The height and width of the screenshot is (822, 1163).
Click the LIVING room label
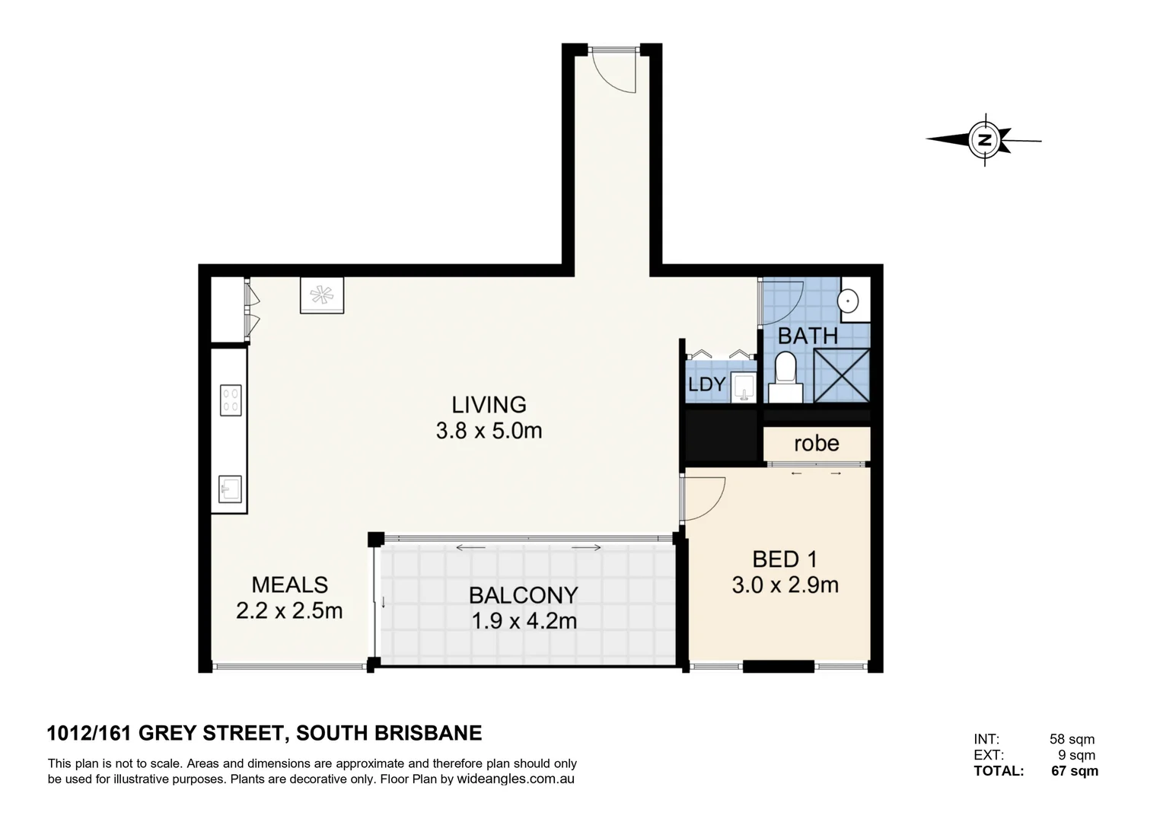(x=489, y=404)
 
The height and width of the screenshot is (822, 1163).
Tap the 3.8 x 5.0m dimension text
(x=489, y=431)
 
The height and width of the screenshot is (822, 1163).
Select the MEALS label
(x=290, y=585)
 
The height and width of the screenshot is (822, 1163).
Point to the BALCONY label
(x=524, y=595)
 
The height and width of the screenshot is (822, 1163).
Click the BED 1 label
(x=785, y=559)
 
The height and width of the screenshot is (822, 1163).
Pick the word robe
(x=817, y=444)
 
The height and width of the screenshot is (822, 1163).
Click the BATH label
(x=808, y=336)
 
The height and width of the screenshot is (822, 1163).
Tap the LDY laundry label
(x=706, y=384)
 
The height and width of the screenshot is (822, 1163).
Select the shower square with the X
(x=842, y=375)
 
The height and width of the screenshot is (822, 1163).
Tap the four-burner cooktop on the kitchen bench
(x=231, y=400)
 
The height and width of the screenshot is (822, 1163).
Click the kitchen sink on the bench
(x=230, y=489)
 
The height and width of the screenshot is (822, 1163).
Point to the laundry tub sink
(x=744, y=387)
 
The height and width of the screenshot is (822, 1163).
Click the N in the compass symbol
(x=984, y=140)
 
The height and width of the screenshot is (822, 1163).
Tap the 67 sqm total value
(x=1075, y=771)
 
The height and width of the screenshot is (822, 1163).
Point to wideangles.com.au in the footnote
(x=515, y=779)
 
